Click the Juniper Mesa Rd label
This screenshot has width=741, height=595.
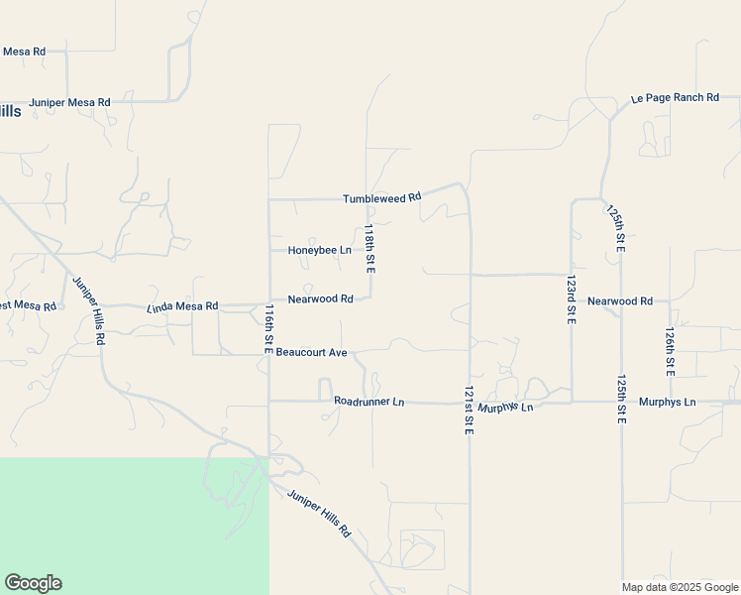[x=69, y=102]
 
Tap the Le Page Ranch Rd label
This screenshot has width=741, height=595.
[x=675, y=98]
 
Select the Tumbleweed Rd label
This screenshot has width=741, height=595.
[x=382, y=198]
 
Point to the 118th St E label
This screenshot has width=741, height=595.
[x=370, y=249]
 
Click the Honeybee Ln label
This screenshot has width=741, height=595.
[x=319, y=251]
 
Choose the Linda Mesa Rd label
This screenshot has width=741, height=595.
[x=182, y=306]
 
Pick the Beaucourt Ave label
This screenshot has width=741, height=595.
[x=311, y=352]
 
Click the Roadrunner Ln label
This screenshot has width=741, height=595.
[x=370, y=402]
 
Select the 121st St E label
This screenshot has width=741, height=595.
[x=469, y=408]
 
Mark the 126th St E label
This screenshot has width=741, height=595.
[x=671, y=351]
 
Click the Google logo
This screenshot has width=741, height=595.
[x=33, y=583]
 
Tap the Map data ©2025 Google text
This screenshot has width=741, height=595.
[x=681, y=587]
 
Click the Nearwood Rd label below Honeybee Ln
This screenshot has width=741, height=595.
[x=320, y=298]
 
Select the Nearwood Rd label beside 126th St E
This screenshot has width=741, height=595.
[x=620, y=300]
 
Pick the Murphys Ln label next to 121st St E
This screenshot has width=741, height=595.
[x=505, y=408]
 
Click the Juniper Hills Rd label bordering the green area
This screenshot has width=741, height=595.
[x=319, y=514]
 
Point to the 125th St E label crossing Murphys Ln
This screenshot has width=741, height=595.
[x=621, y=400]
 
